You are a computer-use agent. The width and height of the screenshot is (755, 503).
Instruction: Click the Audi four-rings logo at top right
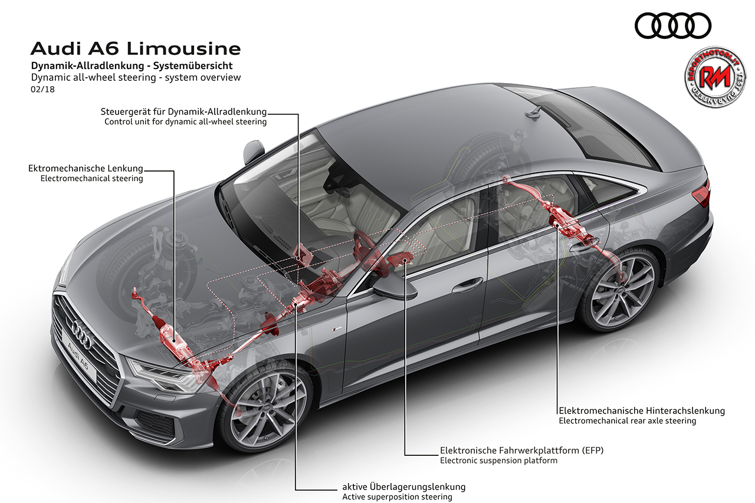click(673, 26)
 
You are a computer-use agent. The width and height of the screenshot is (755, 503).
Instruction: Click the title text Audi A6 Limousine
click(136, 48)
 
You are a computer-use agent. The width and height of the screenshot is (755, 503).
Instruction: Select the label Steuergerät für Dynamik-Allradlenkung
click(183, 111)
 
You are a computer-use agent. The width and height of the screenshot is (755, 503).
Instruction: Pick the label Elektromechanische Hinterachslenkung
click(642, 410)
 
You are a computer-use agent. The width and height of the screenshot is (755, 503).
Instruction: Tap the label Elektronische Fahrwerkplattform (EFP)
click(522, 450)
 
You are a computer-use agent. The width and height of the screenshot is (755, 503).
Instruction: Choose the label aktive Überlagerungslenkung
click(404, 486)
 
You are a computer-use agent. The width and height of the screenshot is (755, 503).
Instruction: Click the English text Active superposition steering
click(398, 497)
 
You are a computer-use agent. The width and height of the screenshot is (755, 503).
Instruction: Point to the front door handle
click(467, 285)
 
